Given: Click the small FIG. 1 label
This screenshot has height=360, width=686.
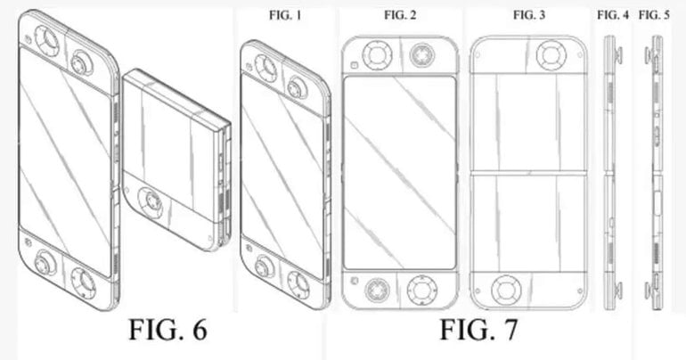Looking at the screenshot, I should pyautogui.click(x=280, y=15).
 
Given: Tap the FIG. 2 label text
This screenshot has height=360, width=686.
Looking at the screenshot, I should pyautogui.click(x=398, y=15).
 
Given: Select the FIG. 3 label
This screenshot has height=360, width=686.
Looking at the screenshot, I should pyautogui.click(x=530, y=15).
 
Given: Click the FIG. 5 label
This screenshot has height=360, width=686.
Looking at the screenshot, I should pyautogui.click(x=654, y=15).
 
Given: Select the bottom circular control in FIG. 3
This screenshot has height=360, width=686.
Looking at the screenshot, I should pyautogui.click(x=505, y=290).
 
